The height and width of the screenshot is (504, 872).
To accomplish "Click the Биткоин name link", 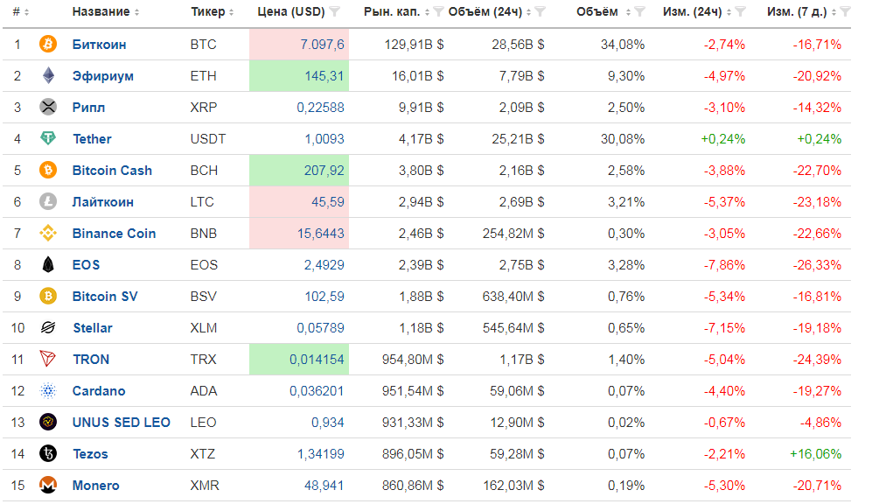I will point(99,45).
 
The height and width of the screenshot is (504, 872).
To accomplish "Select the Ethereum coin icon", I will point(48,76).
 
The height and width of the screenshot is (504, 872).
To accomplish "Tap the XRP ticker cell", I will point(203,108).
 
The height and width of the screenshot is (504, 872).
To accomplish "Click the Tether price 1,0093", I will point(324,139).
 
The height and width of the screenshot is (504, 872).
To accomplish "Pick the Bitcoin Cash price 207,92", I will point(324,171).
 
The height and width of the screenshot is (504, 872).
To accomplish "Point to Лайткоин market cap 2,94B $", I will point(415,202).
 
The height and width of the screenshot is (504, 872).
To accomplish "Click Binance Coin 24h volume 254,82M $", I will point(513,234).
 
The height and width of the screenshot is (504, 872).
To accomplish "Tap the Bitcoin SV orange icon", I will point(48,297).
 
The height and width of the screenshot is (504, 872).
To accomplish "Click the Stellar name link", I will point(92,328).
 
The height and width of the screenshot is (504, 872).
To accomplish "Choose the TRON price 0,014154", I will point(317,360).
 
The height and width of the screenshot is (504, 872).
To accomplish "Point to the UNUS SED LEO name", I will point(121,423).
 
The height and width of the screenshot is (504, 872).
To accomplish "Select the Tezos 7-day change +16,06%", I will point(815,454).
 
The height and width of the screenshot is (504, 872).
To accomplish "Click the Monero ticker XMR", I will point(205,486).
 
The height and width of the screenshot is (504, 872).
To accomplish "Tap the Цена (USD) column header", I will point(291,12).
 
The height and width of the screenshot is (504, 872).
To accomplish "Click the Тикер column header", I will point(207,12).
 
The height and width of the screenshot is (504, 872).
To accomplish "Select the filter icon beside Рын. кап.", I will point(438,12).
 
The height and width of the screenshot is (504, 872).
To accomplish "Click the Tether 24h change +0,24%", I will point(723,139).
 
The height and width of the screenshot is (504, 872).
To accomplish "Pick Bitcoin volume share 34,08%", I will point(623,45).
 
